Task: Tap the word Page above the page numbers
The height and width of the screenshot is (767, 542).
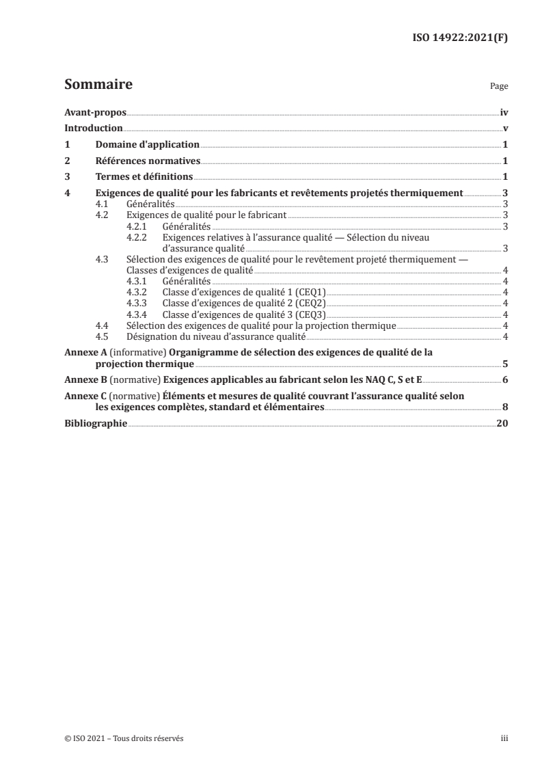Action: tap(499, 88)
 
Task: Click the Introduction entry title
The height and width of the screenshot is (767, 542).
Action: tap(93, 128)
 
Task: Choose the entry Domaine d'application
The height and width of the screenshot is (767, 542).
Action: tap(147, 145)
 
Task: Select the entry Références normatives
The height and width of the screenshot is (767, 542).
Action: tap(147, 161)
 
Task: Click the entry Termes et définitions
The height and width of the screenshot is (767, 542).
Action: tap(144, 178)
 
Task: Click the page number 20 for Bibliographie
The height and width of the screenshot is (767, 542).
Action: tap(502, 423)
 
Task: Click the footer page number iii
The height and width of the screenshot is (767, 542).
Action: tap(504, 739)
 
